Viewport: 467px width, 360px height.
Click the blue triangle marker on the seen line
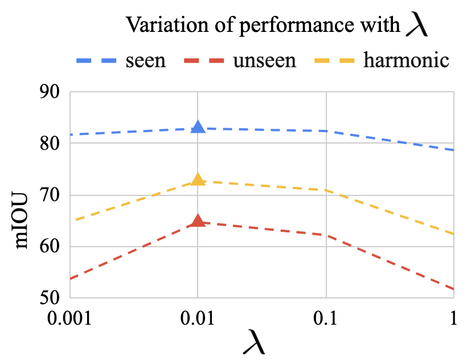tap(198, 127)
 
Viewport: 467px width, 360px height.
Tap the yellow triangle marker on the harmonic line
tap(198, 179)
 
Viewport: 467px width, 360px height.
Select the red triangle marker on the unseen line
tap(198, 220)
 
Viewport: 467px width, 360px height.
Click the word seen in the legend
tap(146, 61)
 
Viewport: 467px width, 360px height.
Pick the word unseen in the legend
tap(265, 61)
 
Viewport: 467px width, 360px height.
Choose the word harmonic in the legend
tap(406, 60)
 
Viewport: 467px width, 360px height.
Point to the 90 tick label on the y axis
tap(50, 92)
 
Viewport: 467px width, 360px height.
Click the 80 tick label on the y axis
tap(50, 144)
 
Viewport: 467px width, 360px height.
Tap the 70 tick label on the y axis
tap(50, 195)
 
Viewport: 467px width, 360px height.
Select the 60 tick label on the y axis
tap(50, 247)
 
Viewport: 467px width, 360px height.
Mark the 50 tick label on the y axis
tap(50, 297)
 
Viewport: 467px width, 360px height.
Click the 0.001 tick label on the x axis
tap(69, 318)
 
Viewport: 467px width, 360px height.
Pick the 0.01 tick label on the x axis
tap(197, 318)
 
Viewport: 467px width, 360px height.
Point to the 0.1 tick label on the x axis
tap(325, 318)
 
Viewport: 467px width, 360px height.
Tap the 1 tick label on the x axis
tap(453, 318)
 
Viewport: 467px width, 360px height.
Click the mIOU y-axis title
tap(22, 220)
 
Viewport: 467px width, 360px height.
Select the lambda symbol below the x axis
tap(254, 342)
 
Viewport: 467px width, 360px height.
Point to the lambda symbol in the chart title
tap(417, 24)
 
